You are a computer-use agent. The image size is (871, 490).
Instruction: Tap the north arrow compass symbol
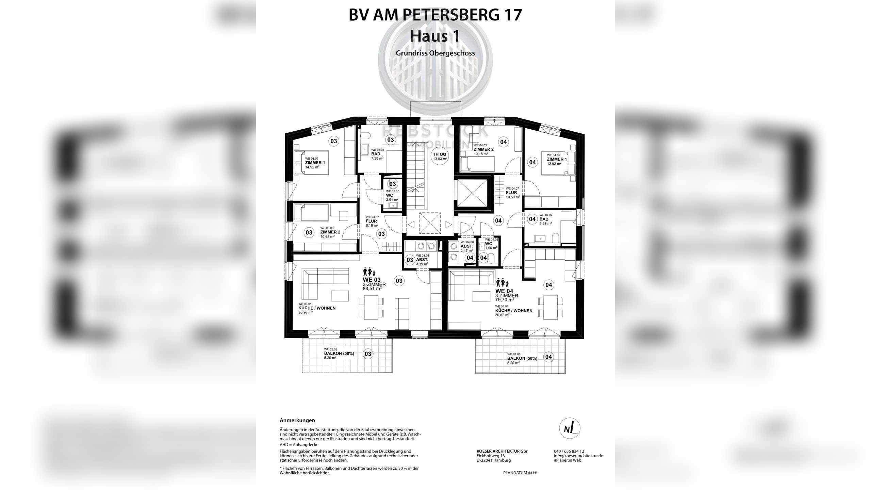pos(570,428)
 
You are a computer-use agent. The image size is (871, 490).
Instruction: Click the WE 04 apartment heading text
pos(504,291)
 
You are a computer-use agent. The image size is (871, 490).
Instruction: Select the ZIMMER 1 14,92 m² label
pos(315,163)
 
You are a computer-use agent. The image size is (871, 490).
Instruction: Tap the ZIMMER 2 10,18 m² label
pos(483,150)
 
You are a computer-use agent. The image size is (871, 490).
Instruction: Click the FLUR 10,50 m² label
pos(512,193)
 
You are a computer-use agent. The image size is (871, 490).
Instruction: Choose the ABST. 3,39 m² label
pos(422,260)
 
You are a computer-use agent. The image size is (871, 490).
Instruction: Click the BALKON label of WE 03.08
pos(339,354)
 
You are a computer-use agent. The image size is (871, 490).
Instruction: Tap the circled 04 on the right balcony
pos(548,357)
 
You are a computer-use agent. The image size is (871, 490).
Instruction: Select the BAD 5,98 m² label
pos(544,219)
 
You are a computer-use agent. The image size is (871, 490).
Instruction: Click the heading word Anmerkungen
pos(297,421)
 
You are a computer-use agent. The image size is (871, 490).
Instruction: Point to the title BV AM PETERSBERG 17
pos(435,15)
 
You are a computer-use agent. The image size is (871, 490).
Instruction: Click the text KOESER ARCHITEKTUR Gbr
pos(502,452)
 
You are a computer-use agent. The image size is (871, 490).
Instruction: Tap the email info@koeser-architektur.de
pos(578,456)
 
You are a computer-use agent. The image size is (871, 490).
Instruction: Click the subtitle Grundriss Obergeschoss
pos(435,53)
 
